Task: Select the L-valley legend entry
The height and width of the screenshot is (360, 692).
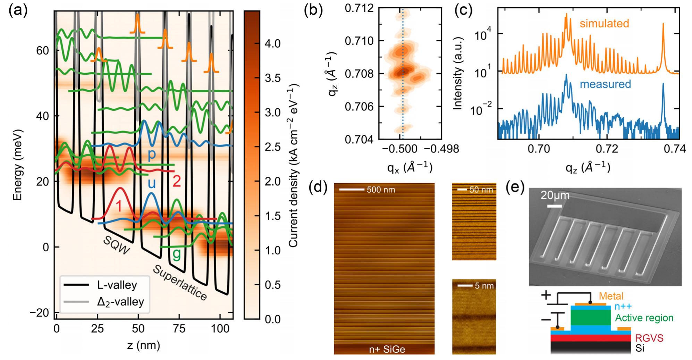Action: coord(117,285)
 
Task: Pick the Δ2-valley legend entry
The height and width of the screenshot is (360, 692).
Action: coord(120,302)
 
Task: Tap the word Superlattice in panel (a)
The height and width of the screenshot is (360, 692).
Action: coord(180,283)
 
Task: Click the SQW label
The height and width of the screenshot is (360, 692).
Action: coord(116,246)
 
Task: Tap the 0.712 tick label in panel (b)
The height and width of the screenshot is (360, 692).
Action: coord(359,8)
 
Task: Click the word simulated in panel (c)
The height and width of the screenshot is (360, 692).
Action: coord(604,24)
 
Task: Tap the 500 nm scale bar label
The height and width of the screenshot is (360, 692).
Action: coord(381,190)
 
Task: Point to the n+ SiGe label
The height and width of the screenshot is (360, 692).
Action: coord(387,349)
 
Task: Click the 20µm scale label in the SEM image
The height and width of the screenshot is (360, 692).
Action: coord(555,195)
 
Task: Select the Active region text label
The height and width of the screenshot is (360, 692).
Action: coord(644,318)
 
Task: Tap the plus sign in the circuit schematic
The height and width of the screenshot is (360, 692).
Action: coord(546,295)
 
